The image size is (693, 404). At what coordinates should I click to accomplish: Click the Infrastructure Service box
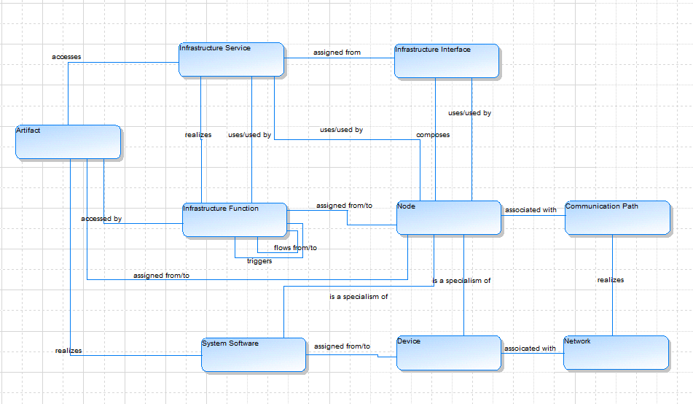pos(231,59)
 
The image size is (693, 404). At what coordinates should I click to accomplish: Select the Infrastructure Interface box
pos(447,61)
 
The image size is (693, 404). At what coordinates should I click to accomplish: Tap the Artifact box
pos(68,141)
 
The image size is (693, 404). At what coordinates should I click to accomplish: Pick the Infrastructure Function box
pos(235,220)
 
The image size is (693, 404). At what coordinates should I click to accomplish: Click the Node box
pos(449,217)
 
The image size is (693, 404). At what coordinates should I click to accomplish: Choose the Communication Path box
pos(617,217)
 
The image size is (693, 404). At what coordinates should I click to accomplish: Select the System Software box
pos(254,354)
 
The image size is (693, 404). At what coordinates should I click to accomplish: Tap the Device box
pos(449,352)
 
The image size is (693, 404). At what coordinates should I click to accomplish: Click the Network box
pos(616,352)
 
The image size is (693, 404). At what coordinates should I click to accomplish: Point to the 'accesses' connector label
pos(66,56)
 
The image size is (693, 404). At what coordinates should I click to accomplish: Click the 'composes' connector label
pos(433,135)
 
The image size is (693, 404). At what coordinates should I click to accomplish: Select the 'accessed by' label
pos(101,218)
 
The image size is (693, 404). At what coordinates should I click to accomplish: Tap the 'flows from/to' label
pos(295,248)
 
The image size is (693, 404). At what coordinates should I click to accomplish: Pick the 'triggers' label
pos(259,260)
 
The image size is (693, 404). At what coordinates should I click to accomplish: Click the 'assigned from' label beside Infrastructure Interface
pos(337,53)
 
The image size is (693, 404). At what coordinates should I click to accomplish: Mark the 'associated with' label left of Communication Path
pos(530,210)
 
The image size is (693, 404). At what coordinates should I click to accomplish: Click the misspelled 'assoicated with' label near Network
pos(530,349)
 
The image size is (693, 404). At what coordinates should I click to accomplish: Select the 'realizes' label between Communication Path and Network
pos(611,279)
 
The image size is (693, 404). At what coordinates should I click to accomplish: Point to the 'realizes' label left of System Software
pos(68,351)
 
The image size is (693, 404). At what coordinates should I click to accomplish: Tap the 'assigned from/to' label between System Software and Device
pos(342,346)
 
